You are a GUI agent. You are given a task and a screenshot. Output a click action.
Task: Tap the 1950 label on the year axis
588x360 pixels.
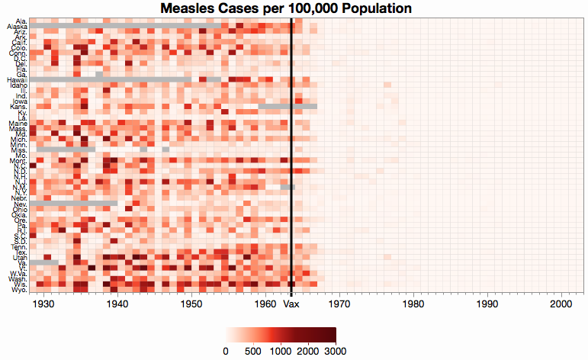tap(191, 304)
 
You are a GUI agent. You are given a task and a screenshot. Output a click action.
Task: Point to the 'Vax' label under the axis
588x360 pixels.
tap(291, 304)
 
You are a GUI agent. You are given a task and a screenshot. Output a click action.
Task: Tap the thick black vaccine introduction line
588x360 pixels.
tap(291, 153)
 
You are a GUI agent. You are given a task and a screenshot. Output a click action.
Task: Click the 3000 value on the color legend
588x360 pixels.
tap(336, 350)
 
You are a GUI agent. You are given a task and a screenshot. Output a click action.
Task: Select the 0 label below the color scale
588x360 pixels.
tap(225, 350)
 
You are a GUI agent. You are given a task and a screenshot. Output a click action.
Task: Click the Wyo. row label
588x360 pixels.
tap(18, 290)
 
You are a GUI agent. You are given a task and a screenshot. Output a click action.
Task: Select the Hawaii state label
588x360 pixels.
tap(17, 79)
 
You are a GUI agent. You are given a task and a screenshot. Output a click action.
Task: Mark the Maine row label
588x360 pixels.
tap(18, 123)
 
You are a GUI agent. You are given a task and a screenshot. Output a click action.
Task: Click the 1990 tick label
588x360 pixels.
tap(487, 304)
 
